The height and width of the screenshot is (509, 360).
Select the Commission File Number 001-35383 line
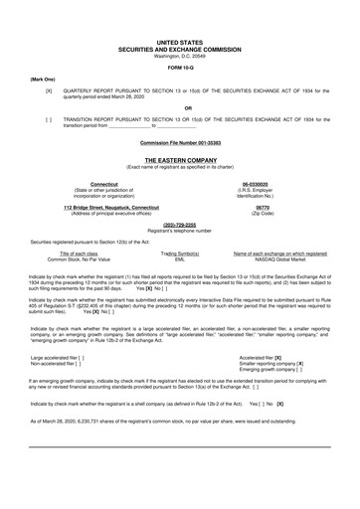click(179, 142)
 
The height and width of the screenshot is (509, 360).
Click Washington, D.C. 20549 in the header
click(179, 55)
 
